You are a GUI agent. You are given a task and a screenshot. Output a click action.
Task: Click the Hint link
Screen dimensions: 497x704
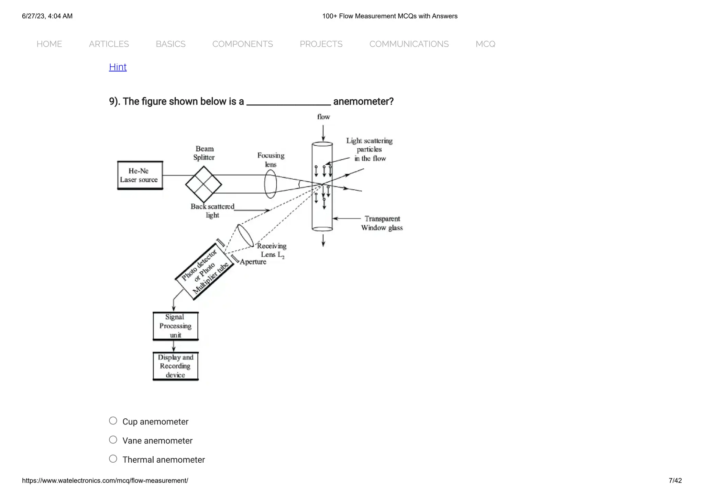(x=118, y=67)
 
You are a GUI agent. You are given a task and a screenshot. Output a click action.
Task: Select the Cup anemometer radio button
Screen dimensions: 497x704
(x=113, y=421)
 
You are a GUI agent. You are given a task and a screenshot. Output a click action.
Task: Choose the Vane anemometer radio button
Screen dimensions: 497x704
(x=113, y=440)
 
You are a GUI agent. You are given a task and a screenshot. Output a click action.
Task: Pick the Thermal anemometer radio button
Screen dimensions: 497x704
(x=113, y=459)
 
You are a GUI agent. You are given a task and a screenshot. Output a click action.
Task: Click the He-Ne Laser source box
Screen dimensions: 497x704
(x=140, y=175)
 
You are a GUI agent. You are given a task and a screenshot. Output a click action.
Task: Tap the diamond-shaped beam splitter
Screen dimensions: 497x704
(x=203, y=184)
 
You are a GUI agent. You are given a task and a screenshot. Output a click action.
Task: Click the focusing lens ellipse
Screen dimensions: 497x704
(x=270, y=184)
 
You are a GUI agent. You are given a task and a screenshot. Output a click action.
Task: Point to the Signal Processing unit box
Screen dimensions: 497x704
(x=175, y=326)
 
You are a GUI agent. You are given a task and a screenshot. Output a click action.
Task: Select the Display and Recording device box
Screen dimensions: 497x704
(x=175, y=366)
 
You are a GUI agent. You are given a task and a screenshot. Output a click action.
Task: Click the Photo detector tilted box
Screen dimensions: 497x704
(x=204, y=271)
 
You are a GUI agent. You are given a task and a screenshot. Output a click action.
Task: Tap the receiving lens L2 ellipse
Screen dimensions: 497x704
(x=245, y=236)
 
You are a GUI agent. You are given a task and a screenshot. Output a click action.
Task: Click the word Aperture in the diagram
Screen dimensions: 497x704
(x=253, y=262)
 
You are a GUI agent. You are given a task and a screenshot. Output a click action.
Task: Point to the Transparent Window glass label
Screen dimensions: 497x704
(x=382, y=223)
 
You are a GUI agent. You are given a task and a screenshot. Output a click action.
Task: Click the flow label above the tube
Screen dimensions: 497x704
(x=323, y=117)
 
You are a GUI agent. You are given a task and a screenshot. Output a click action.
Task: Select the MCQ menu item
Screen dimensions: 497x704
(x=485, y=44)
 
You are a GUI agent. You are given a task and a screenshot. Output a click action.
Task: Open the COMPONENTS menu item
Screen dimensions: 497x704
(x=242, y=44)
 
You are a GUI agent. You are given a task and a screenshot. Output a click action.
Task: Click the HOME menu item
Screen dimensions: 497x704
(x=49, y=44)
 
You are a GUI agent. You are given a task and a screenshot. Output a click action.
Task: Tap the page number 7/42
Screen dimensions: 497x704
(x=675, y=481)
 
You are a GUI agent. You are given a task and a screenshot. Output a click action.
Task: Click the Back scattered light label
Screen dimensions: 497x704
(x=212, y=211)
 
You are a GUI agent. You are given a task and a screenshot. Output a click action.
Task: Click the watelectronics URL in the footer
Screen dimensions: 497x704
(x=105, y=481)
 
